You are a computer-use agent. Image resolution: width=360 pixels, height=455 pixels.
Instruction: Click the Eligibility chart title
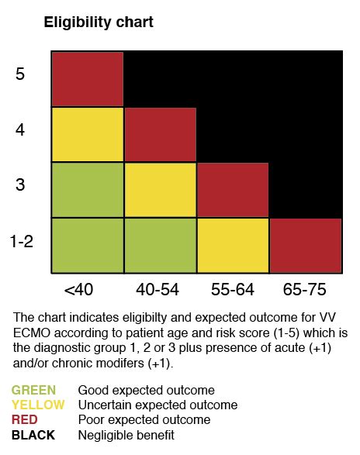point(98,22)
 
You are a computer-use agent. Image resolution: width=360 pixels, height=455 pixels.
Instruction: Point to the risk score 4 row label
point(21,129)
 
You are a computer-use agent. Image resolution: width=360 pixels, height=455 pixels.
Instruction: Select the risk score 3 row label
point(21,185)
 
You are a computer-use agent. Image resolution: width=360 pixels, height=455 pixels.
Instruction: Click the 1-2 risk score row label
point(21,241)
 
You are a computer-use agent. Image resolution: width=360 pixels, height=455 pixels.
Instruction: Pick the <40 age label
point(78,290)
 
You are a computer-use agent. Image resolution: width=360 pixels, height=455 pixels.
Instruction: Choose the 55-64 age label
point(233,290)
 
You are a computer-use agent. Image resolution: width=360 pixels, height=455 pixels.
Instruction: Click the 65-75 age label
point(305,290)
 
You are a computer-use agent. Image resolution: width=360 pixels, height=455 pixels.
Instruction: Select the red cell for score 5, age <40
point(88,79)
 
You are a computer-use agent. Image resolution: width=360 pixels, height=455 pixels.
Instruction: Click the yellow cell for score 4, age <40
point(88,135)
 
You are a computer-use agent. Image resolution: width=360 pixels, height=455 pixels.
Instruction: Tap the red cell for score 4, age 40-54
point(160,135)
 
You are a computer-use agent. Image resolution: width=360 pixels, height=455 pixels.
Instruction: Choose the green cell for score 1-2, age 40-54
point(160,246)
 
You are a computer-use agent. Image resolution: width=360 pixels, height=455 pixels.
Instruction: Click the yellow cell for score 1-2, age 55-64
point(233,246)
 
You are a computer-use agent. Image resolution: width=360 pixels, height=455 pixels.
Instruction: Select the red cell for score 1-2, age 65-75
point(306,246)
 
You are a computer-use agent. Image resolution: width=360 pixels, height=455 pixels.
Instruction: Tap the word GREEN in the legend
point(34,390)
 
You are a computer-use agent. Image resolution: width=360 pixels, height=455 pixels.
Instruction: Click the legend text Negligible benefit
point(126,435)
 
